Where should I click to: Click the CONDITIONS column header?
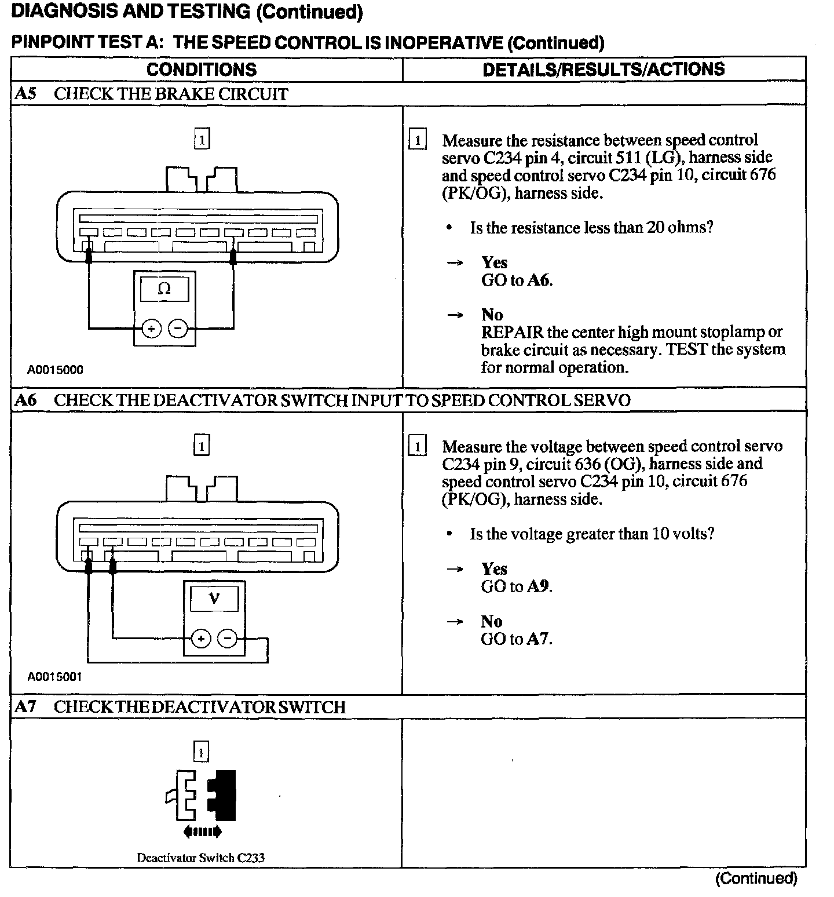[202, 70]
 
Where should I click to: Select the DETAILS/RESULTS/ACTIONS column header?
[603, 70]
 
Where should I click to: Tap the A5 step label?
[25, 94]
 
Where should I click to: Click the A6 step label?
[25, 400]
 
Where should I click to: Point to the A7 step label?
[25, 707]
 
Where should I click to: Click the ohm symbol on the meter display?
[164, 289]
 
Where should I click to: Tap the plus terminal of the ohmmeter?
[152, 329]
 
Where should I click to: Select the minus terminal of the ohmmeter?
[178, 329]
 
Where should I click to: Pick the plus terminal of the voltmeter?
[201, 639]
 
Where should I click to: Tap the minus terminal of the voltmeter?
[228, 639]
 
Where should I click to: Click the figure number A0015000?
[55, 370]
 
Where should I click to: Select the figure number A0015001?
[55, 676]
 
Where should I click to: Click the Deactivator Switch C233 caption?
[200, 858]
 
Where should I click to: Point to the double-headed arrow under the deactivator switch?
[202, 832]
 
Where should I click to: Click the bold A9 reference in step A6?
[538, 586]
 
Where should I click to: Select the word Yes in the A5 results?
[494, 263]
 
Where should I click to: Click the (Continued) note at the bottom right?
[756, 878]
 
